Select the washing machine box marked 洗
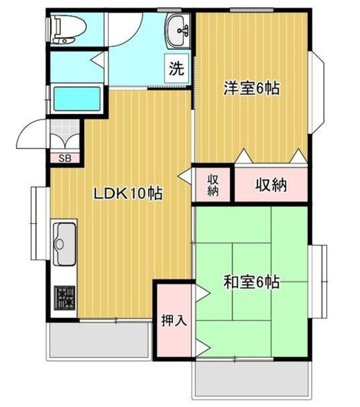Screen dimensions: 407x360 [x=176, y=67]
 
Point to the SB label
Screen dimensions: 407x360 [x=65, y=158]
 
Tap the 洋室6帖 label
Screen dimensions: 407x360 [x=252, y=88]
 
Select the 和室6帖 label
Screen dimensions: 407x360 [x=251, y=281]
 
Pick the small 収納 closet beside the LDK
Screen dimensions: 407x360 [x=212, y=184]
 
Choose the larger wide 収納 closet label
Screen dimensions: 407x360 [x=272, y=185]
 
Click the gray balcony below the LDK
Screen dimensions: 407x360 [x=100, y=341]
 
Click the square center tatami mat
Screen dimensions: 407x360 [x=252, y=281]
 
